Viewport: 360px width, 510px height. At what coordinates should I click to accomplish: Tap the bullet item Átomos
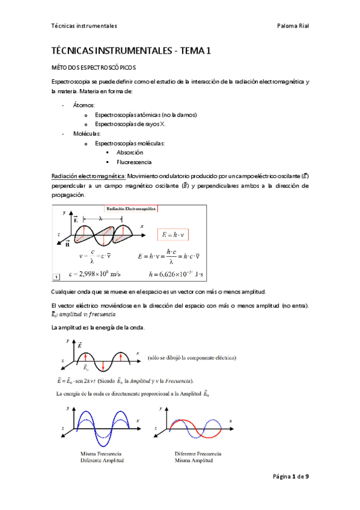tap(80, 105)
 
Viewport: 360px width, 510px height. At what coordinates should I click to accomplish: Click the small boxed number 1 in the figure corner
tap(56, 277)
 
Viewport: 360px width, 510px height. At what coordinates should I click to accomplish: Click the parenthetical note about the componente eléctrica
tap(191, 357)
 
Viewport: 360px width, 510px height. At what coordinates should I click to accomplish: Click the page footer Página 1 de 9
tap(291, 476)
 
